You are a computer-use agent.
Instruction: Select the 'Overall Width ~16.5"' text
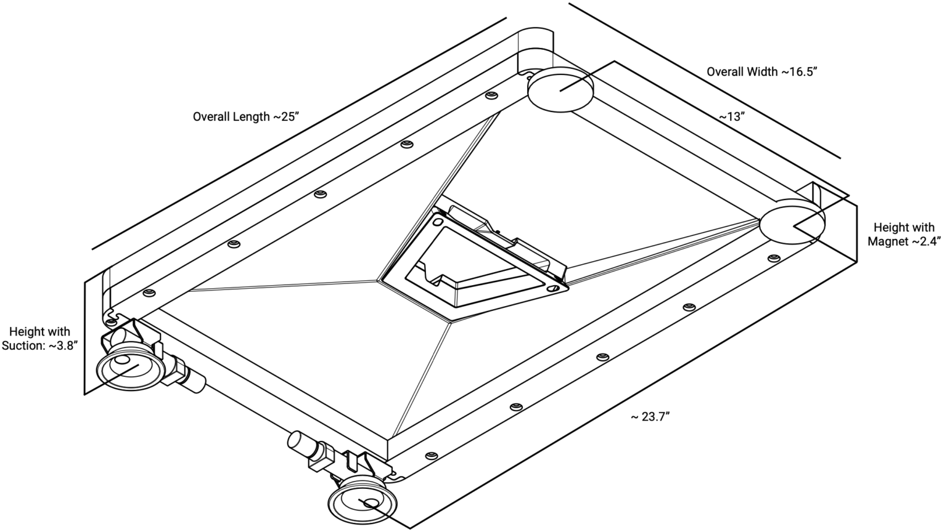(761, 71)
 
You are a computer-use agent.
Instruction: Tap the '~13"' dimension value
(732, 116)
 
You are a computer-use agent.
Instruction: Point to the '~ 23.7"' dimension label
(649, 417)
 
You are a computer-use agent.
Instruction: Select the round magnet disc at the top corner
(560, 90)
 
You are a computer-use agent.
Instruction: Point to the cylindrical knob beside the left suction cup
(195, 382)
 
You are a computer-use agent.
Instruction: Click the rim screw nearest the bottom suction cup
(431, 456)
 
